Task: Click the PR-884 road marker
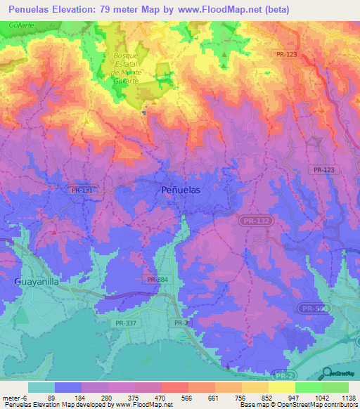coord(157,280)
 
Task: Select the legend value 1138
coord(345,398)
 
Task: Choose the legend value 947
coord(276,398)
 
